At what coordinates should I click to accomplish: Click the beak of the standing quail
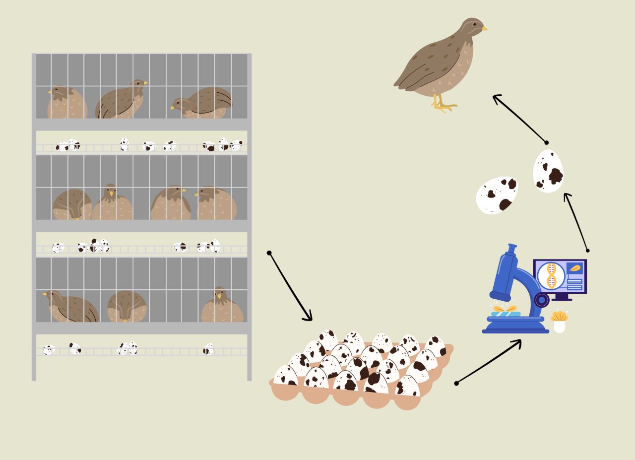[x=484, y=29]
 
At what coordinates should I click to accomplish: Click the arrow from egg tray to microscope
[x=489, y=361]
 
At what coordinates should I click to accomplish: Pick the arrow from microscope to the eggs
[x=576, y=221]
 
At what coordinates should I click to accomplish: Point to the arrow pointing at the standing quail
[x=519, y=119]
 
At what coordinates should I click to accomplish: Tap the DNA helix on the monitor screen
[x=551, y=276]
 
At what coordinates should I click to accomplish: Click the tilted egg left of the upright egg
[x=497, y=195]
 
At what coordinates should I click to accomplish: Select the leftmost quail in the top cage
[x=66, y=103]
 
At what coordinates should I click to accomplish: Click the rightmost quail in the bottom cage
[x=222, y=306]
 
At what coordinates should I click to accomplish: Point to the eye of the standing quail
[x=475, y=24]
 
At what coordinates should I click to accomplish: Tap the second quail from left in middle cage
[x=112, y=203]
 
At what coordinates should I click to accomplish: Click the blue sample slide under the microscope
[x=506, y=313]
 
